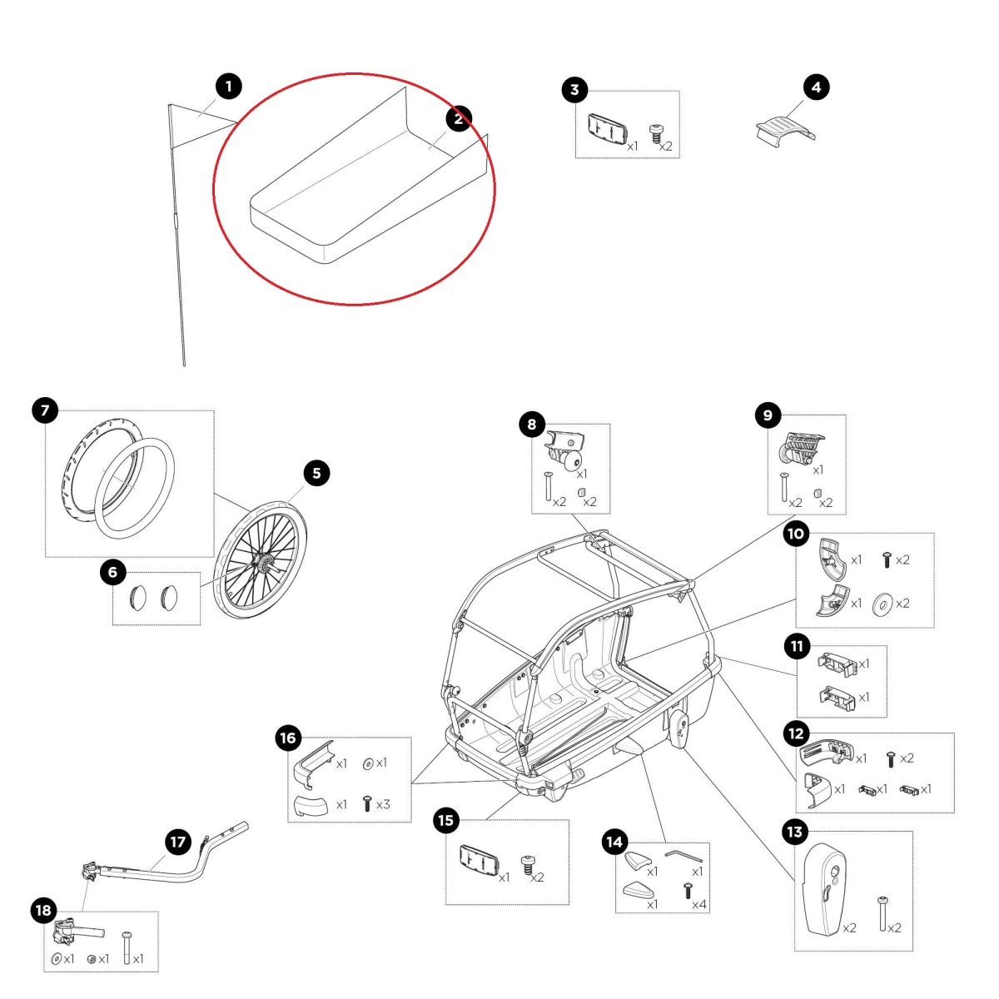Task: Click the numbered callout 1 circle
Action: coord(228,86)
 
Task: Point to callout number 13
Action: coord(794,832)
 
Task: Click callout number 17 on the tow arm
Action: coord(178,842)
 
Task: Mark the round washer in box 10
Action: coord(881,604)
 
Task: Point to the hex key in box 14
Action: coord(683,855)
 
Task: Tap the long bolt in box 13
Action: coord(882,913)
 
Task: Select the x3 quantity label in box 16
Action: coord(382,805)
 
